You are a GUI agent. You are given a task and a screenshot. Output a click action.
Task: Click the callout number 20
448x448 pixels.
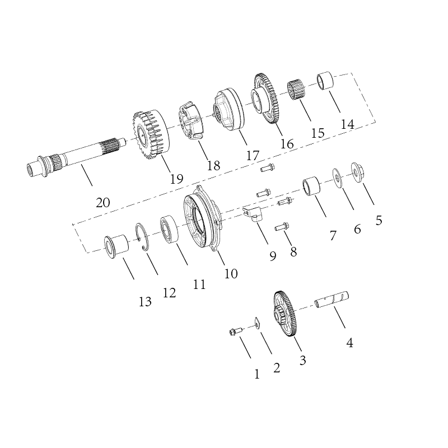point(103,203)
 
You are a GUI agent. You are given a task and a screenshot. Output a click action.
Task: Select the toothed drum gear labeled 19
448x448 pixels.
point(151,134)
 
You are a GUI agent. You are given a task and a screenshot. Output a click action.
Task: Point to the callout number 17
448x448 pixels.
point(253,156)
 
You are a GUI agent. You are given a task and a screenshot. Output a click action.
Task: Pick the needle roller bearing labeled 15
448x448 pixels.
point(296,90)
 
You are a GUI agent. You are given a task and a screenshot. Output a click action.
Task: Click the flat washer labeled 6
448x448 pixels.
point(338,178)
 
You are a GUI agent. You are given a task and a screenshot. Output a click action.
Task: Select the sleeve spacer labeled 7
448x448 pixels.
point(311,186)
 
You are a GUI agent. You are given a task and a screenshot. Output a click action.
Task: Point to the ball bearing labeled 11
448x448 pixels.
point(170,230)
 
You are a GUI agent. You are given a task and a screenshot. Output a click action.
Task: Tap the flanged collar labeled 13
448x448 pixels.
point(116,246)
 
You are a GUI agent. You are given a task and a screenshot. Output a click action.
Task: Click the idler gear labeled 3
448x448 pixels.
point(286,314)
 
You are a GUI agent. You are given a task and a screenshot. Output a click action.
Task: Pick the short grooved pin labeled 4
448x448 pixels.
point(332,300)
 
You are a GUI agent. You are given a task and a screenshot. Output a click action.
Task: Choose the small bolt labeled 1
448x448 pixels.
point(236,332)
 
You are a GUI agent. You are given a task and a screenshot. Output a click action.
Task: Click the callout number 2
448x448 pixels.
point(276,368)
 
